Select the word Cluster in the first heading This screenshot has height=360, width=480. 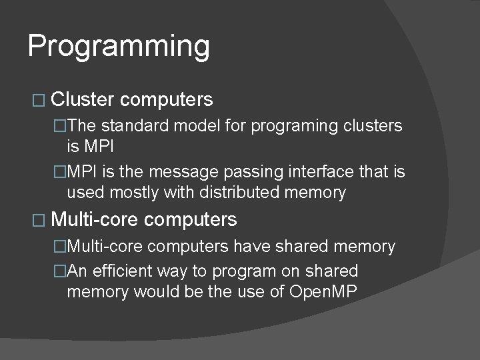pos(83,100)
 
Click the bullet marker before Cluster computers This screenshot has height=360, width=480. pos(37,101)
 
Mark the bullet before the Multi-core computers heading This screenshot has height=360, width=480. pos(37,219)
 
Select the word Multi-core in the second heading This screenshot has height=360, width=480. pos(95,219)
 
